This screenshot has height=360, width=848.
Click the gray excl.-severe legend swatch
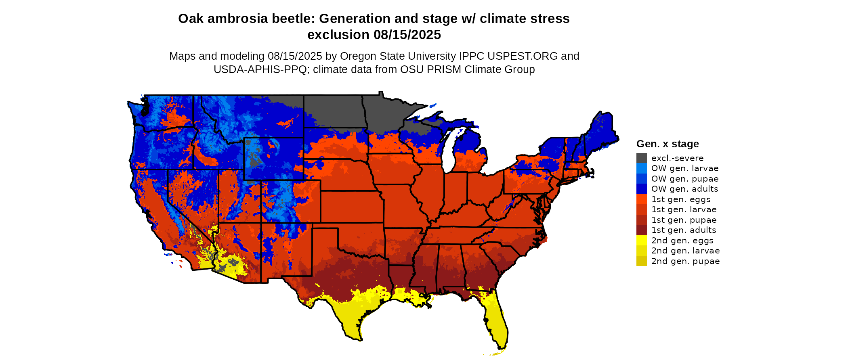coord(641,158)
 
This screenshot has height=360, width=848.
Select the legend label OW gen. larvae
coord(684,168)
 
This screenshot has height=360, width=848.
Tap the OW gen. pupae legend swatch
coord(641,179)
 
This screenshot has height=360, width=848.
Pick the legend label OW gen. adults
coord(684,189)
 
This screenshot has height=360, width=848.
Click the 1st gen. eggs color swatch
coord(641,199)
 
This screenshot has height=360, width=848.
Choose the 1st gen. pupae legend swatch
coord(641,220)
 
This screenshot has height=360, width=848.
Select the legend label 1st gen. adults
coord(684,230)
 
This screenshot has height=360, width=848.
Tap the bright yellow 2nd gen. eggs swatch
coord(641,241)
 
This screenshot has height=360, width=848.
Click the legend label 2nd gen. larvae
coord(685,251)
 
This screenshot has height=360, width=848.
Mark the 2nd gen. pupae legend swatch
coord(641,261)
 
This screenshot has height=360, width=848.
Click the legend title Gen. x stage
coord(667,144)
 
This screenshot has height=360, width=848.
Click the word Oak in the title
coord(191,19)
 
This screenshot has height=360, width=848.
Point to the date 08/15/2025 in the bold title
coord(407,35)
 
